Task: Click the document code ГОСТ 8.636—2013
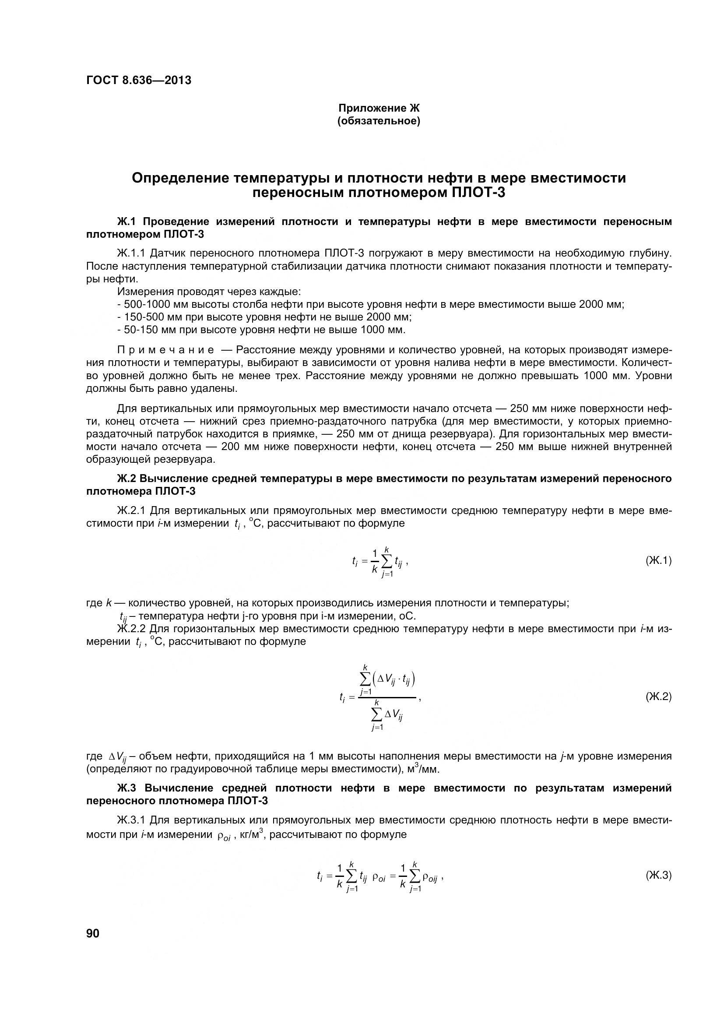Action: point(139,80)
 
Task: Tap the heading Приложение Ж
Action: point(379,108)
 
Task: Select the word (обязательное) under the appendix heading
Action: point(379,121)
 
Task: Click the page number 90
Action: point(93,933)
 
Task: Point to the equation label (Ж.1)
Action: point(658,561)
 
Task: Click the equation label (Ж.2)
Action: point(658,696)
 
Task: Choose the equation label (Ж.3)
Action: point(658,875)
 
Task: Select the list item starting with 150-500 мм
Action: point(264,317)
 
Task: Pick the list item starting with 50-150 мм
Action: point(261,330)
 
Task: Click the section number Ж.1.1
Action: point(131,253)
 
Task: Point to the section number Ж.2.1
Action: point(131,510)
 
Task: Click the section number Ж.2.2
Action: point(131,629)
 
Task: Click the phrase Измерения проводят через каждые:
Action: point(209,292)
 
